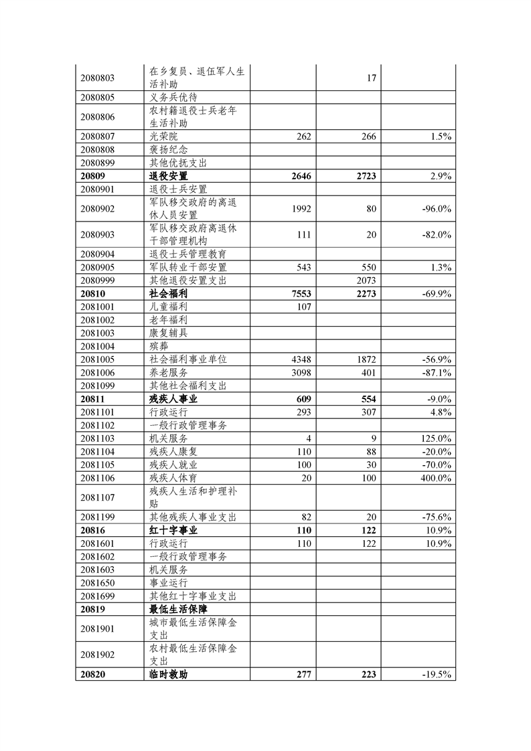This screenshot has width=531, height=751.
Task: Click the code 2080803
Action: tap(97, 78)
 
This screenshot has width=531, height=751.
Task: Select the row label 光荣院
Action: tap(163, 137)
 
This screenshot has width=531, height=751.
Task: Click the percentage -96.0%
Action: tap(437, 209)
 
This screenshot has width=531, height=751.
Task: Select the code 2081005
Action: tap(97, 359)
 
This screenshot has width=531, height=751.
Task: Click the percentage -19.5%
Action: tap(437, 675)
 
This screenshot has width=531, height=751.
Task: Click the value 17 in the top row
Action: tap(372, 78)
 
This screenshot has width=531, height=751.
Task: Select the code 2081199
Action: tap(97, 517)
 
